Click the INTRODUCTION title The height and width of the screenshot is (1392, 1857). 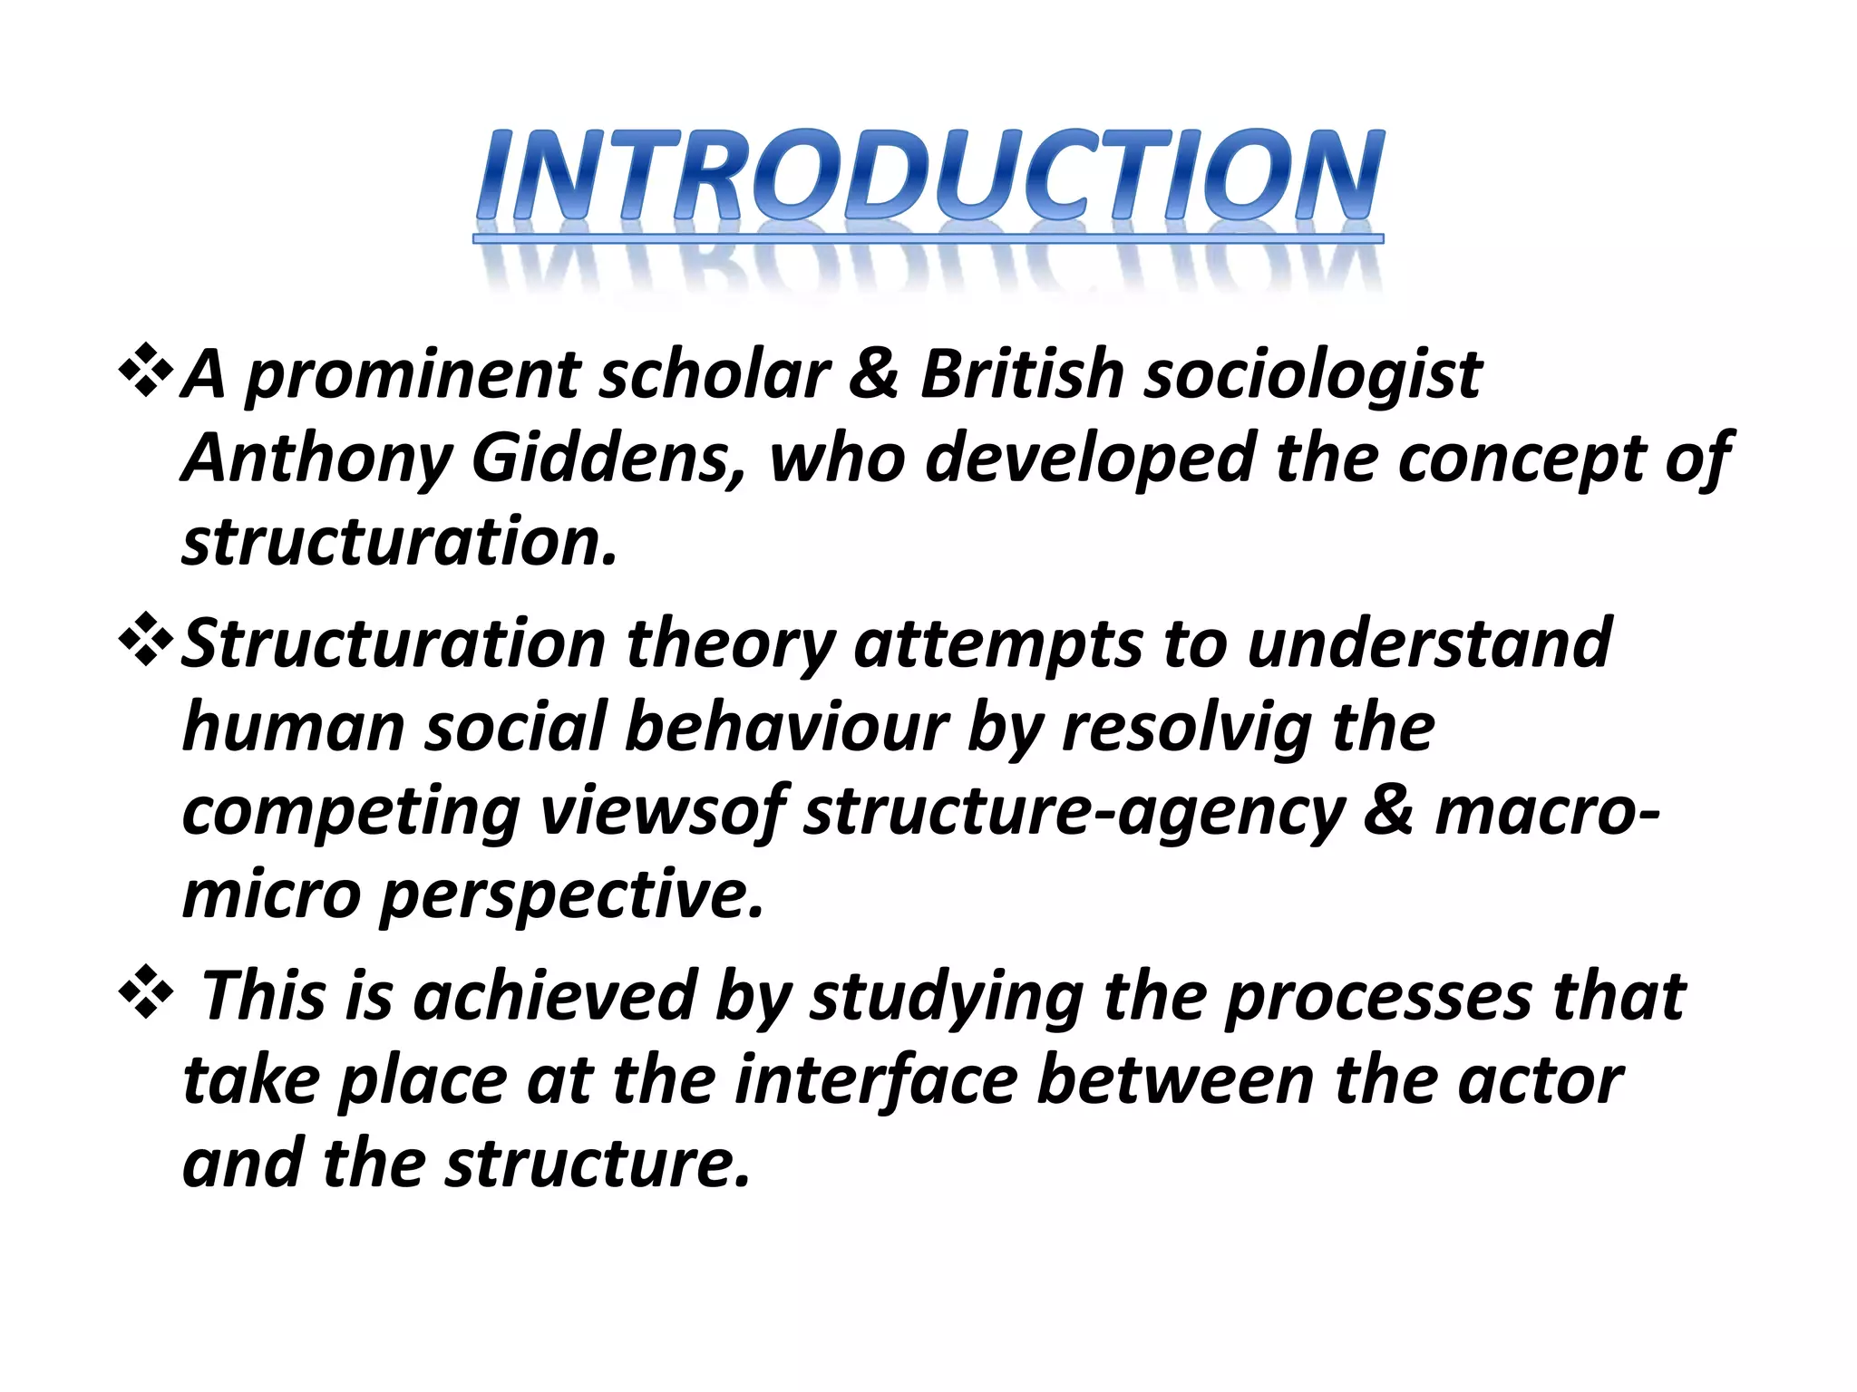pos(928,177)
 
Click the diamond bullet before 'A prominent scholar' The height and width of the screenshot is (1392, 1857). pos(145,372)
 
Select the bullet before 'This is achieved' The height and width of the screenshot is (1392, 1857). pos(145,993)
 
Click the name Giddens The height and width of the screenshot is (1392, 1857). pos(608,458)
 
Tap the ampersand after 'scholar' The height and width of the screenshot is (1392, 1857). pos(873,373)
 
